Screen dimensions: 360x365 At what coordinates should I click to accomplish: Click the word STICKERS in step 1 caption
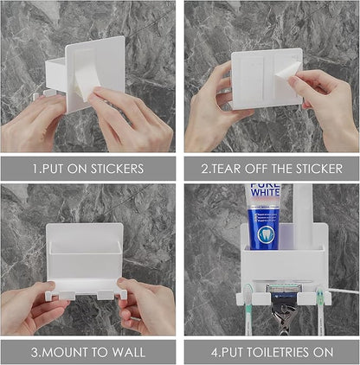tap(118, 169)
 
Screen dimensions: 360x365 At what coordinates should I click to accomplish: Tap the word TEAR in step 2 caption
tap(225, 169)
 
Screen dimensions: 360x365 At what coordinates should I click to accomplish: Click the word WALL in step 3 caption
tap(128, 352)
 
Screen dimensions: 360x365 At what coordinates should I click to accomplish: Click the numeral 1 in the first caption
tap(35, 169)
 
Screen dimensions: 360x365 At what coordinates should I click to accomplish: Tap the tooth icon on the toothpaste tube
tap(266, 234)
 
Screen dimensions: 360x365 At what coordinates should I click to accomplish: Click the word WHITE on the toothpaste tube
tap(265, 192)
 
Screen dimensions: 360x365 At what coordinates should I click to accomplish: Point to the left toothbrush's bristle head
tap(247, 295)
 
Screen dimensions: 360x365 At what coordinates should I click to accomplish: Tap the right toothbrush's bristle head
tap(320, 296)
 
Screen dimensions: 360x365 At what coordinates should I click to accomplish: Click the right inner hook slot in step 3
tap(106, 295)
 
